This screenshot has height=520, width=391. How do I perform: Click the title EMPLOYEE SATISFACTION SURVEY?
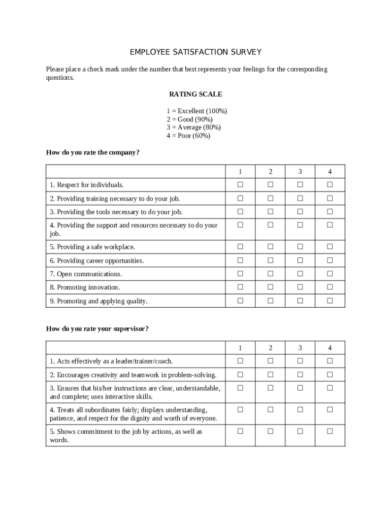pos(195,52)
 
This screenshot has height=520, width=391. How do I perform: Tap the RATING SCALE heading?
pos(195,94)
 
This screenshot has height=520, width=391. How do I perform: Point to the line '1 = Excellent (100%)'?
pos(197,111)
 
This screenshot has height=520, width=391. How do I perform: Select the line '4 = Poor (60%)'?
pos(188,136)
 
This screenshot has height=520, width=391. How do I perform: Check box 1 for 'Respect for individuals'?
pos(240,184)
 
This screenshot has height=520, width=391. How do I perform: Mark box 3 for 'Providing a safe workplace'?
pos(300,246)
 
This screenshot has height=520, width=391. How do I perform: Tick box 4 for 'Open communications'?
pos(330,273)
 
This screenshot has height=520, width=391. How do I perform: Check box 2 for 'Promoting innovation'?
pos(270,287)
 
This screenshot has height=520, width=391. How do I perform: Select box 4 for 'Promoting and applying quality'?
pos(330,301)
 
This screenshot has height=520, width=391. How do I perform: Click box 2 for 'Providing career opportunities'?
pos(270,260)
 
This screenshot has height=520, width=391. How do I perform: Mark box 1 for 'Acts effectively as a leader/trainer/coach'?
pos(240,361)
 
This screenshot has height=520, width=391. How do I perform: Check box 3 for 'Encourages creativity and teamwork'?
pos(300,374)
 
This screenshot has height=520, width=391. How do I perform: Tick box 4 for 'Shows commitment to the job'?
pos(330,431)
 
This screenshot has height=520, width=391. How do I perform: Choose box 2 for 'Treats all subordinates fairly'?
pos(270,409)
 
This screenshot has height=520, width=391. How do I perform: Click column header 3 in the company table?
pos(300,172)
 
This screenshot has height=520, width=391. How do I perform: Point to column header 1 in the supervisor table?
pos(240,348)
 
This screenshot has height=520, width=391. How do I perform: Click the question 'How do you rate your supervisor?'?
pos(97,329)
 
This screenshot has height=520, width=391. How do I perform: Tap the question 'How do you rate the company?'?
pos(92,152)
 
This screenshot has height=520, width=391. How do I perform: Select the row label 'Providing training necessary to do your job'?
pos(115,199)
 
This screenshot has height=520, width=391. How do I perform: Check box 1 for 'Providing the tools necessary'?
pos(240,211)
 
